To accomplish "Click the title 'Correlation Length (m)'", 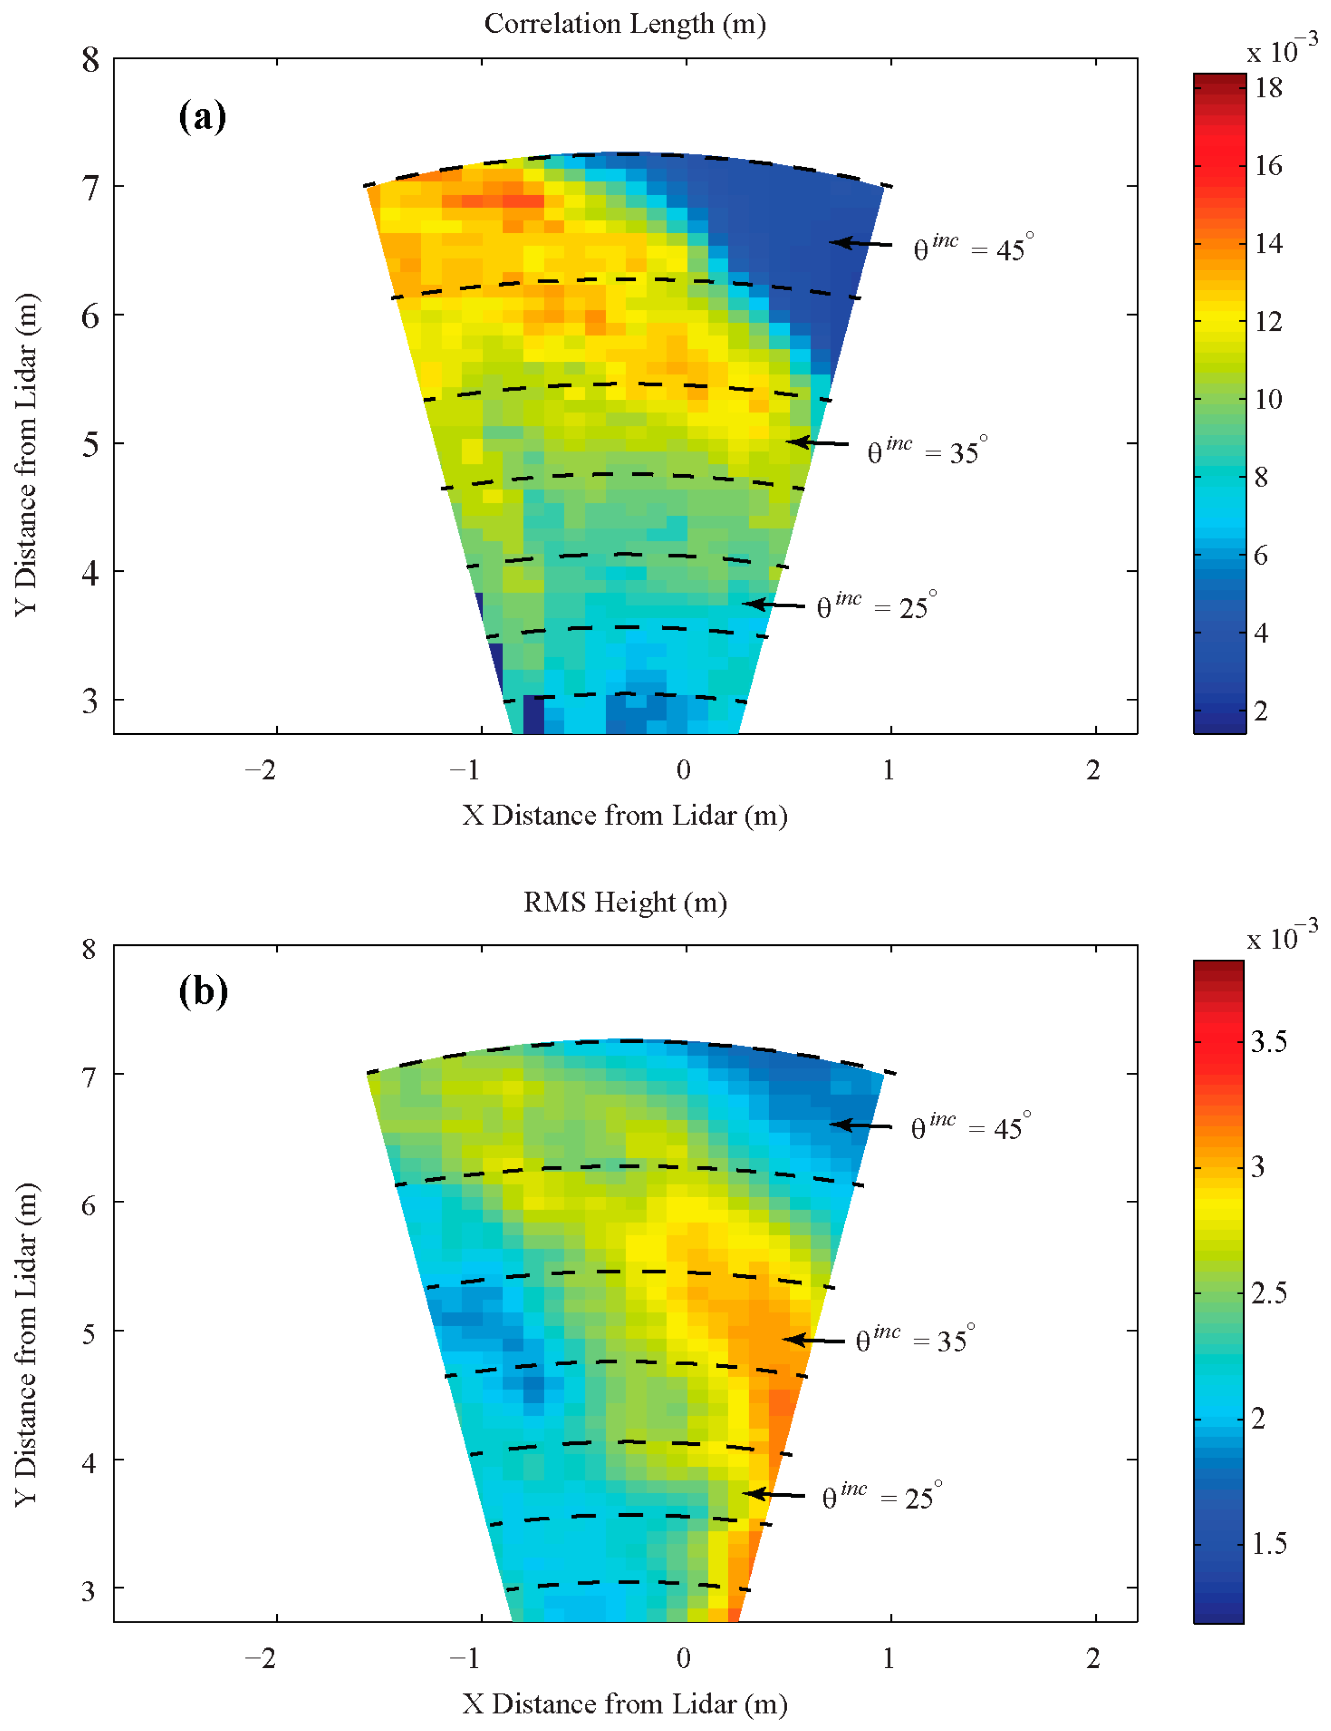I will (625, 24).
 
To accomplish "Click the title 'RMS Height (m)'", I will (625, 903).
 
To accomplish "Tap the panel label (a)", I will (203, 117).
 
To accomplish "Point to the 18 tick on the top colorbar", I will (1268, 88).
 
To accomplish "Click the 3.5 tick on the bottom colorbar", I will (1268, 1042).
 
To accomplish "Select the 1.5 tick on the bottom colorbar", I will (1268, 1544).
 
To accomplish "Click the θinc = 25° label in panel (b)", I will (882, 1496).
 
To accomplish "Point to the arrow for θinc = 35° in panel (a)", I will (817, 442).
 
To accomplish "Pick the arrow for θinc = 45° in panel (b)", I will (861, 1125).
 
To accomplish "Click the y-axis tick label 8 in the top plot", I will (90, 60).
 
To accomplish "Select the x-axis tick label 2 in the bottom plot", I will (1093, 1658).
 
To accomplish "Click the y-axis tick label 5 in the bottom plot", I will (90, 1333).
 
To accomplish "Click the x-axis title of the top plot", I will (625, 815).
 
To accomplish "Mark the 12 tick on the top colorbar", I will (1268, 322).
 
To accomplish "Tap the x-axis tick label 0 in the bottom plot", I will (683, 1658).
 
